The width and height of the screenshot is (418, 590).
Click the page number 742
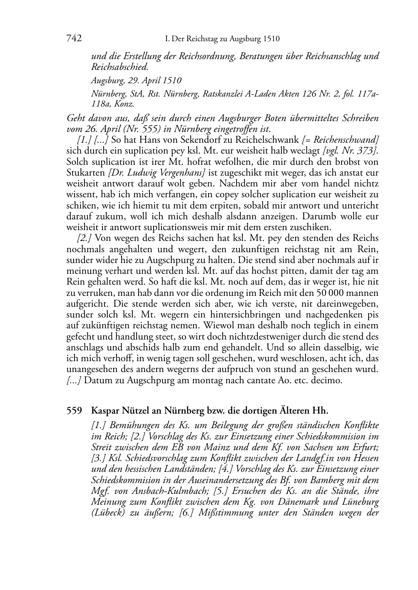click(x=74, y=39)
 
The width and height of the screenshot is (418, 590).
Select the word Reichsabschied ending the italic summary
click(x=119, y=67)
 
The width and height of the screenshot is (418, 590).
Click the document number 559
click(x=74, y=411)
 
